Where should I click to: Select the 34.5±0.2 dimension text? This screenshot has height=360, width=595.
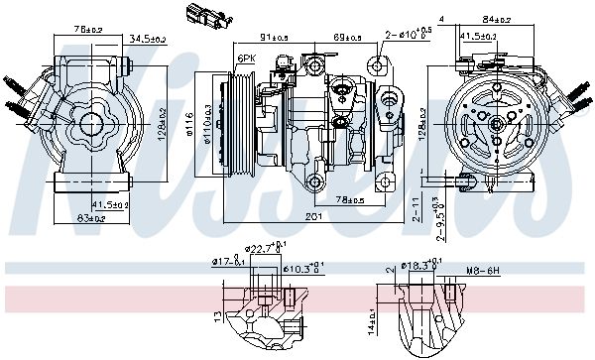click(147, 39)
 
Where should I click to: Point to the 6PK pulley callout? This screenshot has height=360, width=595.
click(246, 60)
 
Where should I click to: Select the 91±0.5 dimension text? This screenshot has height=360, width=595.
click(276, 38)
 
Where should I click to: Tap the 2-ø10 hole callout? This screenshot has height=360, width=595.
click(411, 34)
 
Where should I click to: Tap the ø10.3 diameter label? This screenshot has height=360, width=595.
click(307, 268)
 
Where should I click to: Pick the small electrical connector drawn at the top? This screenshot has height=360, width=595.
click(195, 14)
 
